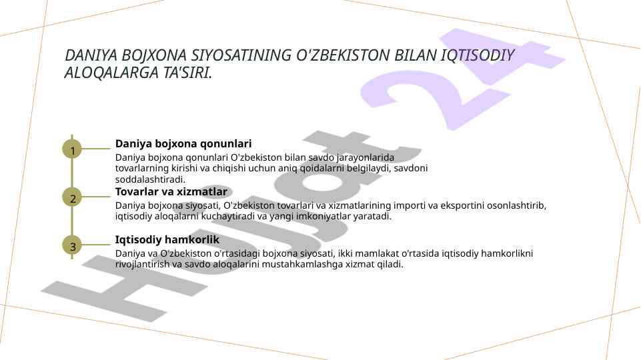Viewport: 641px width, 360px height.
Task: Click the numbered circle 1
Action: pyautogui.click(x=72, y=149)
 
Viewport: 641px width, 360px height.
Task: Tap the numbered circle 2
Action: pyautogui.click(x=72, y=197)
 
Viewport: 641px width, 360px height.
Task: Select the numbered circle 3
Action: pyautogui.click(x=72, y=245)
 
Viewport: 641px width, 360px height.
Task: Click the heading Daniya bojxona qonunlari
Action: pyautogui.click(x=183, y=144)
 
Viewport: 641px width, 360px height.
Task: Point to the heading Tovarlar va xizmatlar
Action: pyautogui.click(x=171, y=191)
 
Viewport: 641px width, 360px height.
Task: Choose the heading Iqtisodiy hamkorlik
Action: pyautogui.click(x=167, y=239)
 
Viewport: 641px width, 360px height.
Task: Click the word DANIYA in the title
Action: pyautogui.click(x=91, y=55)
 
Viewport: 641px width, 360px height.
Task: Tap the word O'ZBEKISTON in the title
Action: pyautogui.click(x=343, y=55)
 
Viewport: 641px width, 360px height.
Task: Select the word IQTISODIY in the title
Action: pyautogui.click(x=477, y=55)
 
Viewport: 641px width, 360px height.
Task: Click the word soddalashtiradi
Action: pyautogui.click(x=150, y=179)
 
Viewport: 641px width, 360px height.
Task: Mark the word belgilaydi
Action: pyautogui.click(x=369, y=169)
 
